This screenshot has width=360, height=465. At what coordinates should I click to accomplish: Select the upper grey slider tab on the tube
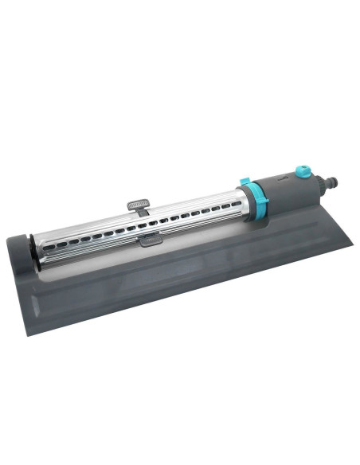point(138,205)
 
